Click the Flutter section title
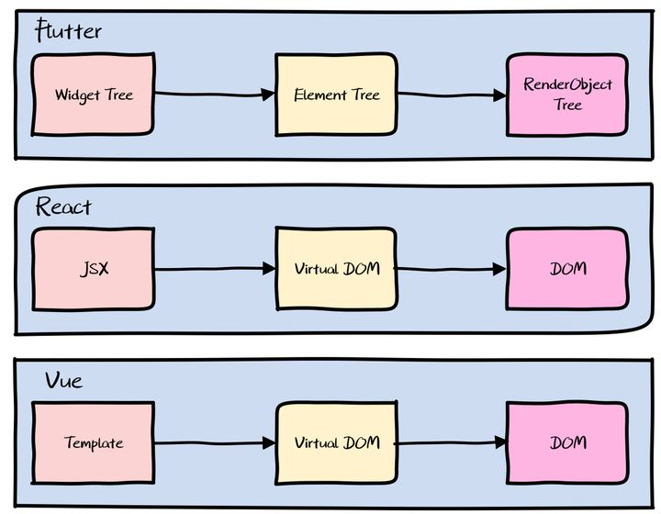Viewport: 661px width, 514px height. point(68,33)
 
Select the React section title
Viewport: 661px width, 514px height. point(63,207)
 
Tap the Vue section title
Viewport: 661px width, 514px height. point(63,380)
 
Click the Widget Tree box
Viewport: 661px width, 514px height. point(93,95)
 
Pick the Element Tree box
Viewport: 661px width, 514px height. point(336,95)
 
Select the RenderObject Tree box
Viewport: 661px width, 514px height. point(567,95)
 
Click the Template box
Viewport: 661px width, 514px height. point(93,442)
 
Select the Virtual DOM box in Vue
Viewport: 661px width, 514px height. point(336,442)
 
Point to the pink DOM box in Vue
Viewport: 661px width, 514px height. point(567,442)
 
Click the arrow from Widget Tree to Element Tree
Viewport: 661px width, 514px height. point(215,94)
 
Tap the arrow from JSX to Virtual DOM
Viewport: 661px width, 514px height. point(215,269)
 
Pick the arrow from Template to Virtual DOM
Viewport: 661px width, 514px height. point(215,442)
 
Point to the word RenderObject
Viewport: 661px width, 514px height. point(567,84)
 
